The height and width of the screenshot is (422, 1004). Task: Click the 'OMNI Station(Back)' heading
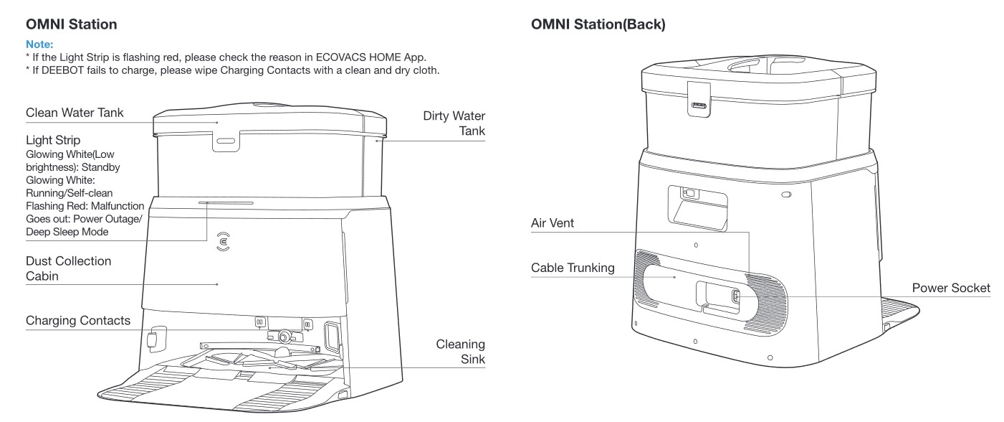click(x=598, y=25)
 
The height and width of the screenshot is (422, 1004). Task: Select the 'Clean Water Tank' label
click(x=75, y=113)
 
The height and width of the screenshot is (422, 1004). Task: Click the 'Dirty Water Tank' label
click(x=454, y=123)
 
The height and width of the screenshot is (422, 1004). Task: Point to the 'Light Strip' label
click(x=53, y=140)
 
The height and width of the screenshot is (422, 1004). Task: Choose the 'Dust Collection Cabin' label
click(x=68, y=268)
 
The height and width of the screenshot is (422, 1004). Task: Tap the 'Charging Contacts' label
click(x=78, y=320)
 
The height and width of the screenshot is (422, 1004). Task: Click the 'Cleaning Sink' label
click(x=460, y=352)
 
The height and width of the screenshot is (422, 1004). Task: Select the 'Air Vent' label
click(x=552, y=223)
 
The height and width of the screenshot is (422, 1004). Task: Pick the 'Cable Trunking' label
click(x=573, y=268)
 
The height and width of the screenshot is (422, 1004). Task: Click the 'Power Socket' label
click(x=951, y=288)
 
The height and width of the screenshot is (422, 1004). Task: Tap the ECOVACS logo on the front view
click(x=224, y=242)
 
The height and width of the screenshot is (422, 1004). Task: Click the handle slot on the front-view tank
click(x=224, y=141)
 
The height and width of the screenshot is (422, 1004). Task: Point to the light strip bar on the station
click(x=226, y=202)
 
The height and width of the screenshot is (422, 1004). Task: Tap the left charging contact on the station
click(x=259, y=323)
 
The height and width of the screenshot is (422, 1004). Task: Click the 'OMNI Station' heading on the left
click(x=71, y=25)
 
